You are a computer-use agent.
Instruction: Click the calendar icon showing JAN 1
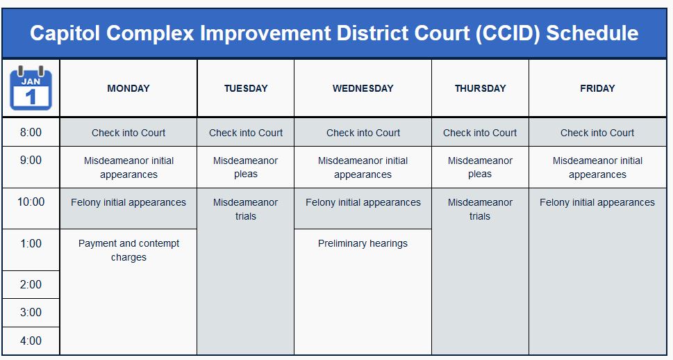[31, 88]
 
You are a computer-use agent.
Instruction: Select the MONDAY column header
[128, 88]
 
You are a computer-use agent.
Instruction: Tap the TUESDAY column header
[246, 88]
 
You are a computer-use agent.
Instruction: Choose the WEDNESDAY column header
[363, 88]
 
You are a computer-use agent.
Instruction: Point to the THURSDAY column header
[480, 88]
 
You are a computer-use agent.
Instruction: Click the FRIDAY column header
[597, 88]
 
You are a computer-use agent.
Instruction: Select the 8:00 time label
[31, 133]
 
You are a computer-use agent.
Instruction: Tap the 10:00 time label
[31, 202]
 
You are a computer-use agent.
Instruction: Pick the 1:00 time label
[31, 244]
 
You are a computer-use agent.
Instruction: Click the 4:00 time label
[31, 341]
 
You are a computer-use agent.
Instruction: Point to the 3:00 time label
[31, 313]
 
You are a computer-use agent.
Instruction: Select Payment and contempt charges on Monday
[128, 250]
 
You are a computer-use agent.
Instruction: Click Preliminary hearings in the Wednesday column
[363, 244]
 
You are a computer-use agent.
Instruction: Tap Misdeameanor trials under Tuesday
[246, 209]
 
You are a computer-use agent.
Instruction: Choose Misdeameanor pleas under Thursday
[480, 167]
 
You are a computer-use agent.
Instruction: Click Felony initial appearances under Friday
[597, 203]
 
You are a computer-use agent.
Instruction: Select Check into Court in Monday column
[128, 133]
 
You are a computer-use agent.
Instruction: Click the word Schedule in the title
[592, 33]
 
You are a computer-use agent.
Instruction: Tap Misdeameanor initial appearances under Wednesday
[363, 167]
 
